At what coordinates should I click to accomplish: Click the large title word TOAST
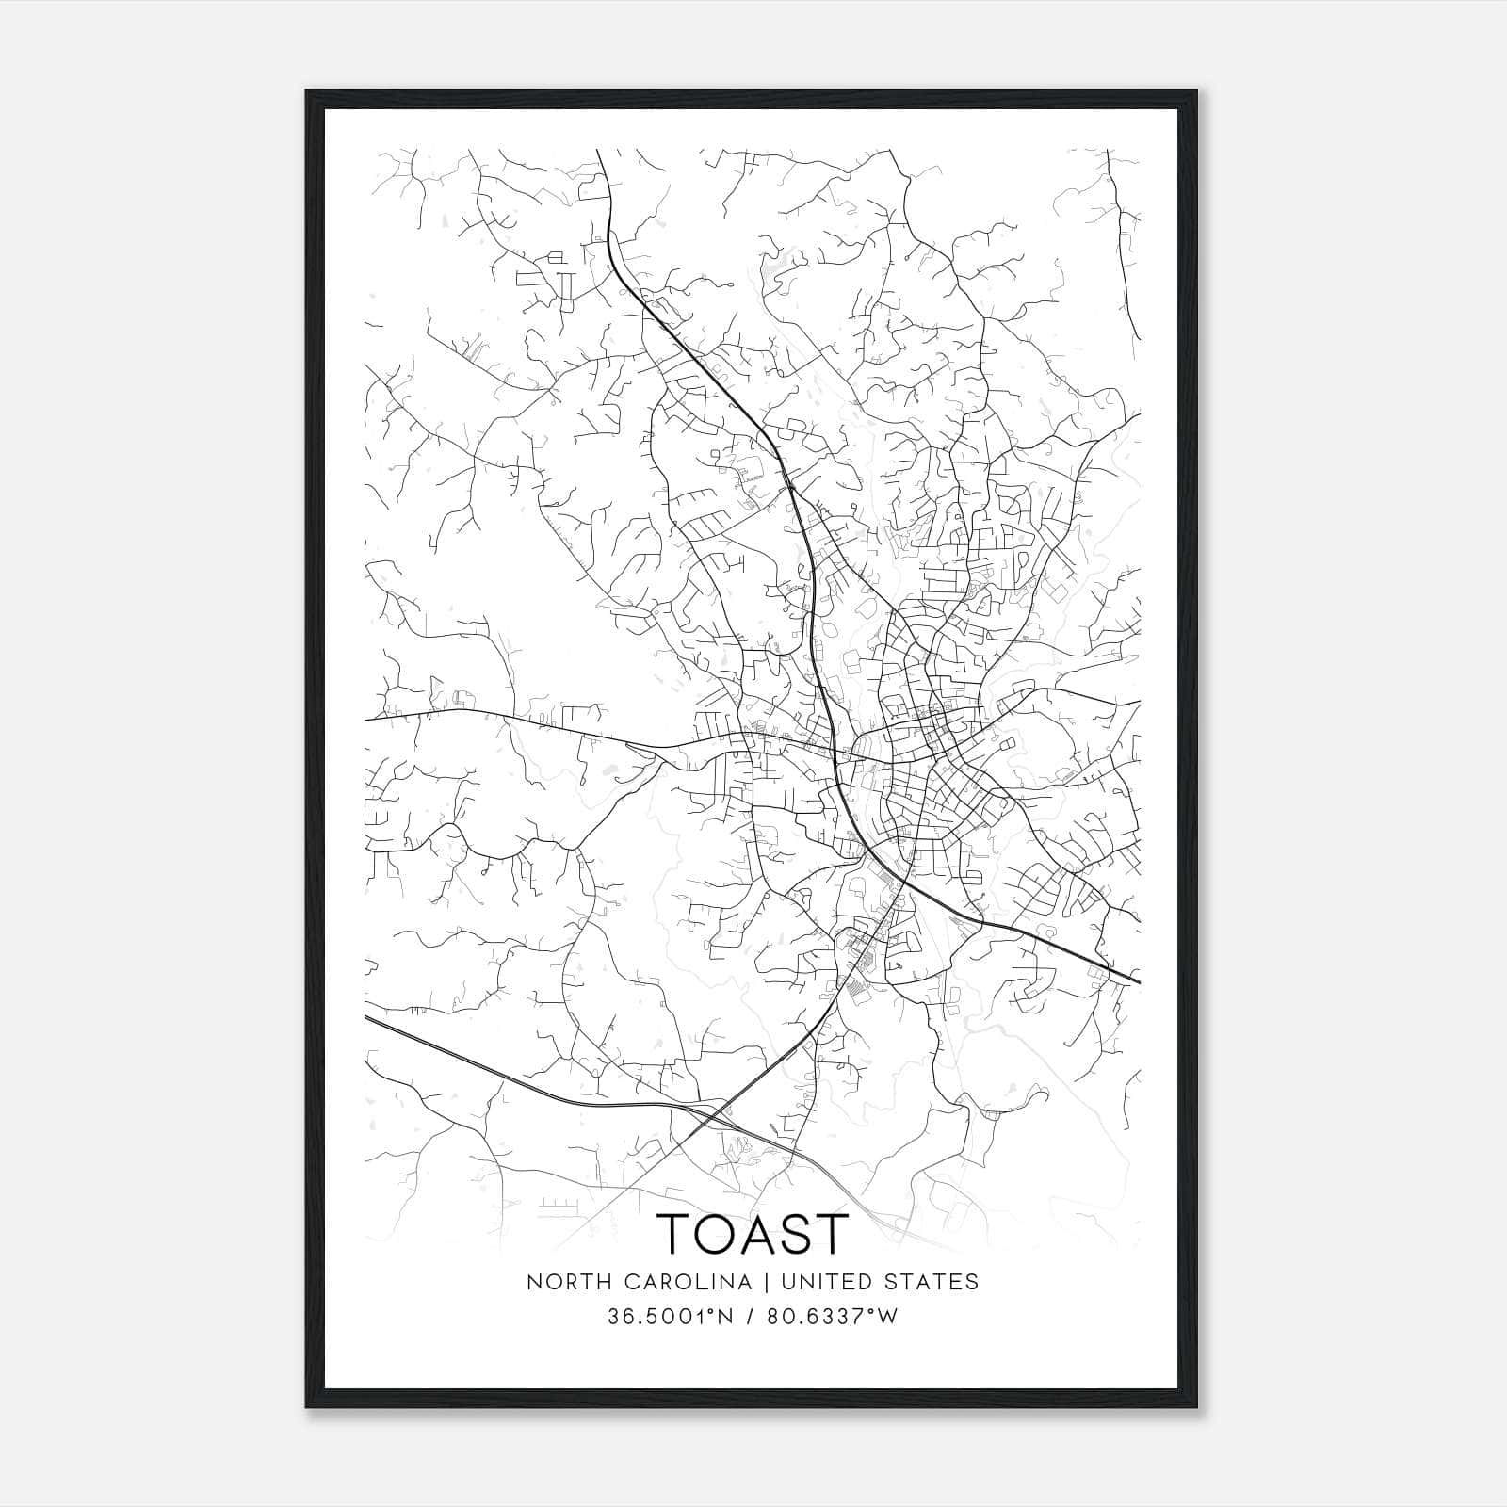point(753,1233)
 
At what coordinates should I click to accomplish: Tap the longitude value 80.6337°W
point(833,1317)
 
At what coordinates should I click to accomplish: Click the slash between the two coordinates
point(750,1317)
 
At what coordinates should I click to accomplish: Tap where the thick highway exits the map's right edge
point(1140,982)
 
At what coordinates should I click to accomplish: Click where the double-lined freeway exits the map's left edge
point(365,1017)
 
